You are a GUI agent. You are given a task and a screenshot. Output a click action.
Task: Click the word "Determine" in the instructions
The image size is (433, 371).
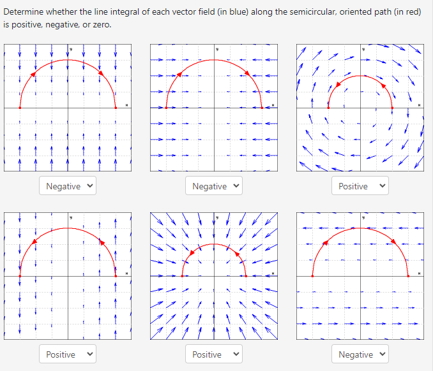pyautogui.click(x=24, y=13)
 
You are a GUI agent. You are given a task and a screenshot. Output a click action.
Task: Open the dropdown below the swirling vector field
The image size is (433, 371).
pyautogui.click(x=360, y=186)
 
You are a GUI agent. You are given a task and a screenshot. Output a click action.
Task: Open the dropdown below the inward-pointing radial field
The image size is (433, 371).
pyautogui.click(x=213, y=354)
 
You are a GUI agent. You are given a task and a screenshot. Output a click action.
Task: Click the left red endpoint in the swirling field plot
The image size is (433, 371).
pyautogui.click(x=328, y=108)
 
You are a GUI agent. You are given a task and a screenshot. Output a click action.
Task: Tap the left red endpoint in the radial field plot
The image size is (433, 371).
pyautogui.click(x=182, y=276)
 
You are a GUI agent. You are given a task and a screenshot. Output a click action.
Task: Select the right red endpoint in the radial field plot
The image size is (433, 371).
pyautogui.click(x=246, y=276)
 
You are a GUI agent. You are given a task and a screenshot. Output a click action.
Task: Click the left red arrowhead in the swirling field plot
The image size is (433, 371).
pyautogui.click(x=338, y=85)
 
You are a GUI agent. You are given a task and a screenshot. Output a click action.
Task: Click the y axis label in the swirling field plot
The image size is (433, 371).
pyautogui.click(x=363, y=48)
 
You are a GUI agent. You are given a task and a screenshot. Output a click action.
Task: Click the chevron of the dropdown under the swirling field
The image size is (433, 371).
pyautogui.click(x=383, y=186)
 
